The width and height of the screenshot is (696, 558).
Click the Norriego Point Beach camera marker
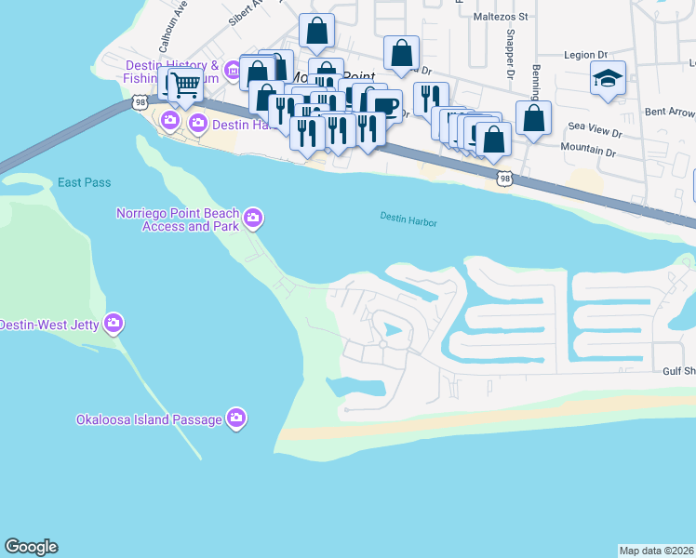point(253,220)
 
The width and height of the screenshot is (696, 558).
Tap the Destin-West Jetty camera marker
point(114,324)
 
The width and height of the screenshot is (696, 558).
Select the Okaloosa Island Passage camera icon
point(236,418)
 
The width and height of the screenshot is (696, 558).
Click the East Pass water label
point(84,182)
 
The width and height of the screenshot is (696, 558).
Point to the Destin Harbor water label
point(408,220)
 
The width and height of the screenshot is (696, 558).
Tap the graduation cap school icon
point(608,80)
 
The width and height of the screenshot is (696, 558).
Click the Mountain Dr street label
point(587,150)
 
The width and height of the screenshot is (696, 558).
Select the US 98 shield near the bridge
point(140,101)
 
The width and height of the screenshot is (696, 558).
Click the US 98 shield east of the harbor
point(504,177)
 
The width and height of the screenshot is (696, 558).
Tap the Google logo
point(31,547)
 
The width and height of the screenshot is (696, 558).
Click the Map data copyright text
point(656,551)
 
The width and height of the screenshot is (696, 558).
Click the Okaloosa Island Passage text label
point(149,419)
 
